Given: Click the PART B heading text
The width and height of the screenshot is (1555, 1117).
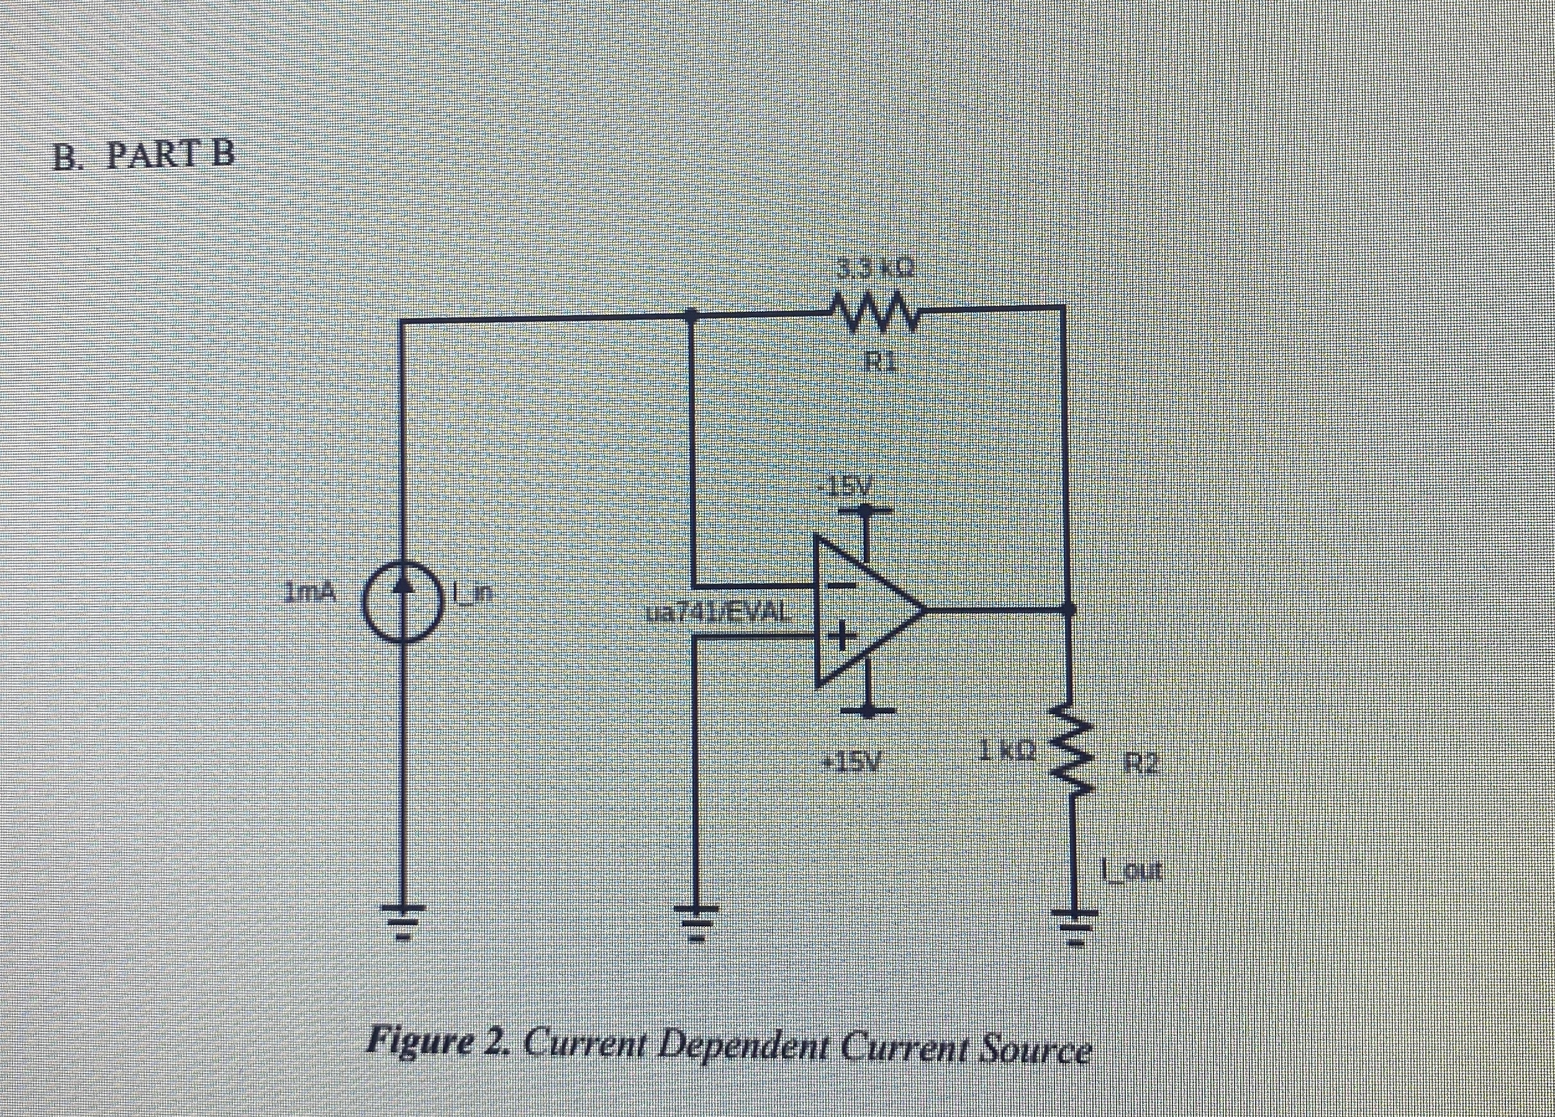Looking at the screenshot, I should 145,156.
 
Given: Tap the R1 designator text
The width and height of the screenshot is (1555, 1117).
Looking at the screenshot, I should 880,361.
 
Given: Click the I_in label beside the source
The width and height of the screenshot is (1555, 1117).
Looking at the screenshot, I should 473,591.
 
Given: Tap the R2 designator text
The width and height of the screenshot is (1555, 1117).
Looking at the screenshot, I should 1141,763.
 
